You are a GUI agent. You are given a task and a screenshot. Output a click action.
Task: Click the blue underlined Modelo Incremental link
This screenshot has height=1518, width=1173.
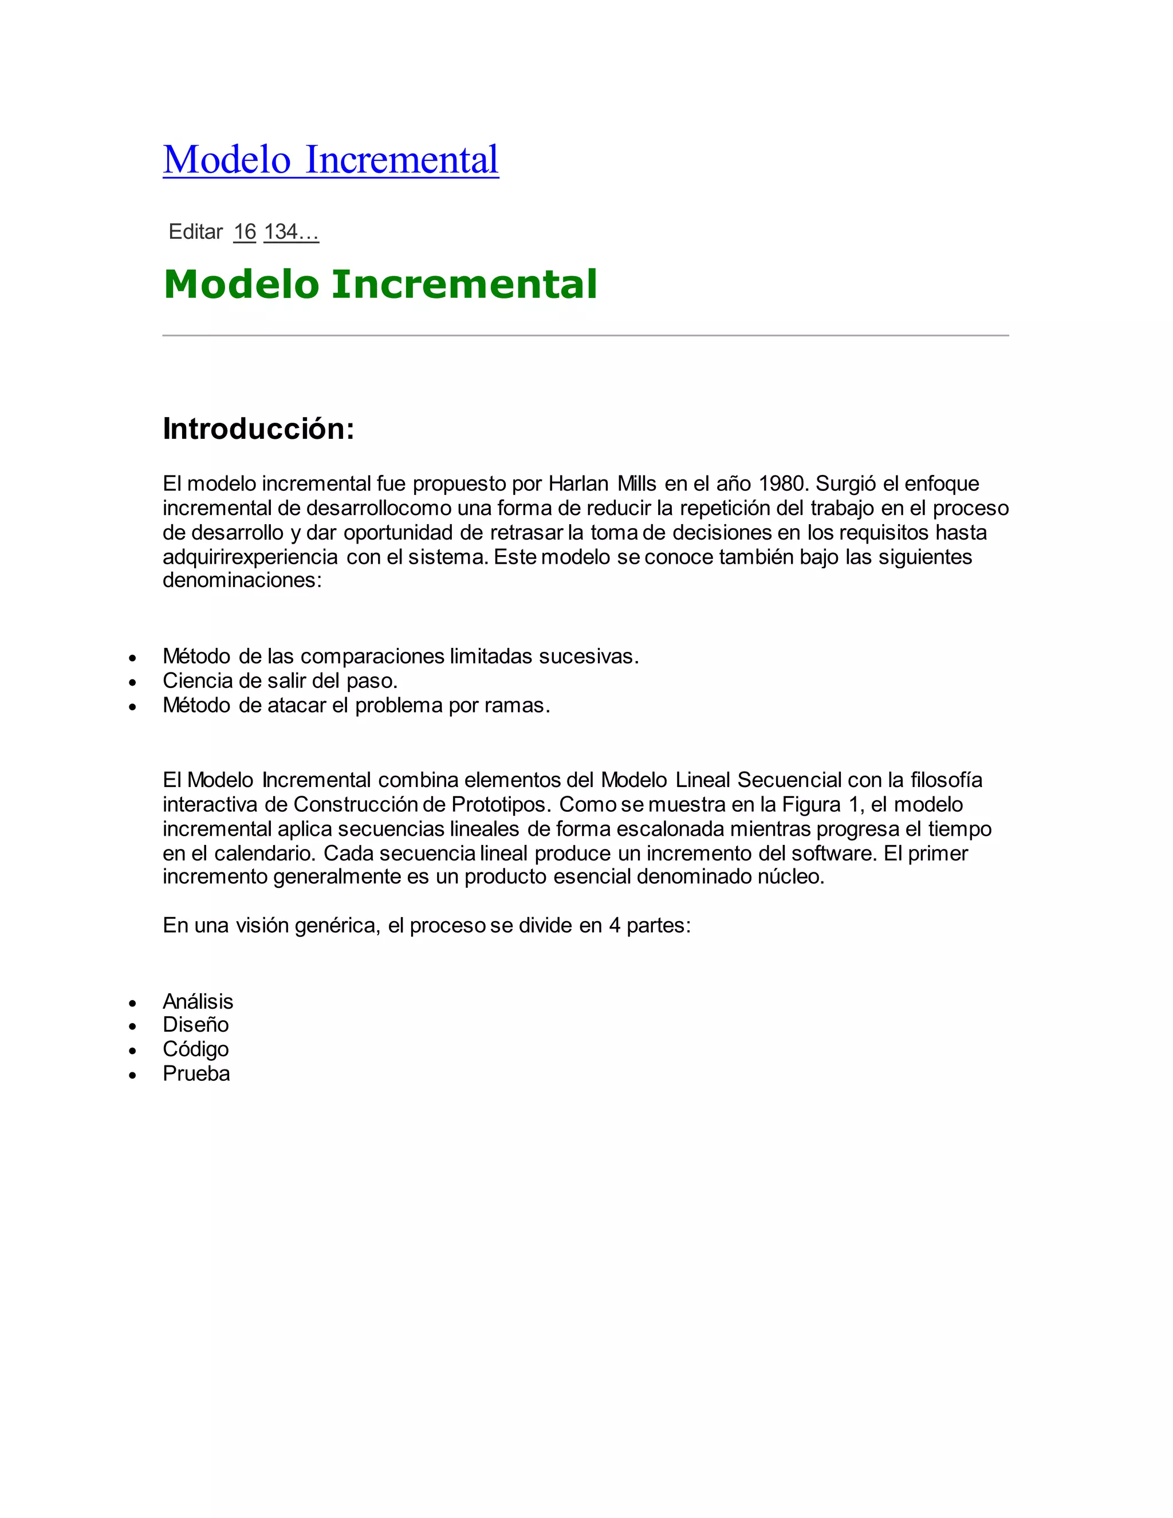point(331,159)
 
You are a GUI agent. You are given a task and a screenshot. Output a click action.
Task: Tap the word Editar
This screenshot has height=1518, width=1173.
point(195,232)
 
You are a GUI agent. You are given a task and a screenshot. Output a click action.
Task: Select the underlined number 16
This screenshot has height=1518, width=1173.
point(245,232)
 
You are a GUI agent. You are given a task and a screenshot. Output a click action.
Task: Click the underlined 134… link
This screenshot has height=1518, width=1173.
point(291,232)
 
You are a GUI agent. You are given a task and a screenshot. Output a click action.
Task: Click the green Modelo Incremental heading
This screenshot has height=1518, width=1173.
point(380,284)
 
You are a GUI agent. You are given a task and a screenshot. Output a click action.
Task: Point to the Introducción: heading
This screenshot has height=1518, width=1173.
point(258,429)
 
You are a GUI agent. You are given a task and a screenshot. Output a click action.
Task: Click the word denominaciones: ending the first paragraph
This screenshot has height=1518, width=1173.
point(242,580)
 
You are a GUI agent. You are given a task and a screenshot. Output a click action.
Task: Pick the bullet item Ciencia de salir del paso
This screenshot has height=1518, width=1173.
point(280,681)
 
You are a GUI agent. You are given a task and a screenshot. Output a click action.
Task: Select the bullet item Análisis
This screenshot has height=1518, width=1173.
point(198,1001)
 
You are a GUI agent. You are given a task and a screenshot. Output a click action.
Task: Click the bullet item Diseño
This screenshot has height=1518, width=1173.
point(195,1025)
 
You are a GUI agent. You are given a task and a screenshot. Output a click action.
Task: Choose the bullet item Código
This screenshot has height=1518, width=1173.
point(195,1049)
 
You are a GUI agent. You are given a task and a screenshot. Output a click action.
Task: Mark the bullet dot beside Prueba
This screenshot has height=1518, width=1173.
point(133,1075)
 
